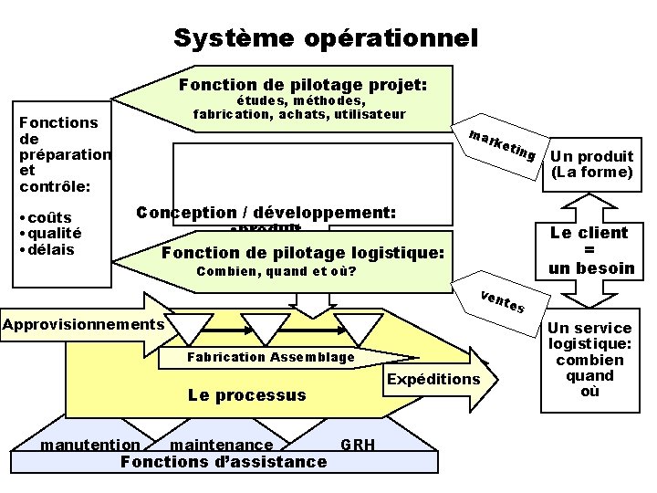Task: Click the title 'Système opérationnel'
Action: [x=326, y=38]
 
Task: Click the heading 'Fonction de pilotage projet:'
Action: [x=303, y=85]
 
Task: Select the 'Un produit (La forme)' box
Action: [x=592, y=163]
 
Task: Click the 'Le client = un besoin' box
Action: [x=592, y=250]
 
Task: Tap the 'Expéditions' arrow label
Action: [x=433, y=379]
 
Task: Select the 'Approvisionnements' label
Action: [x=83, y=324]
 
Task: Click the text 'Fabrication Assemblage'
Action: [x=270, y=357]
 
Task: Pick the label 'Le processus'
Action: [x=246, y=395]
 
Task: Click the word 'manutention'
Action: [x=90, y=445]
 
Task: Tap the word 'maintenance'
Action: [x=222, y=445]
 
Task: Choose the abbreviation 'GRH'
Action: [x=357, y=445]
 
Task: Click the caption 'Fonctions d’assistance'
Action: [x=224, y=462]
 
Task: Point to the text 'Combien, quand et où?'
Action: [x=276, y=272]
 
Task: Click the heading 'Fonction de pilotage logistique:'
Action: [x=302, y=253]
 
